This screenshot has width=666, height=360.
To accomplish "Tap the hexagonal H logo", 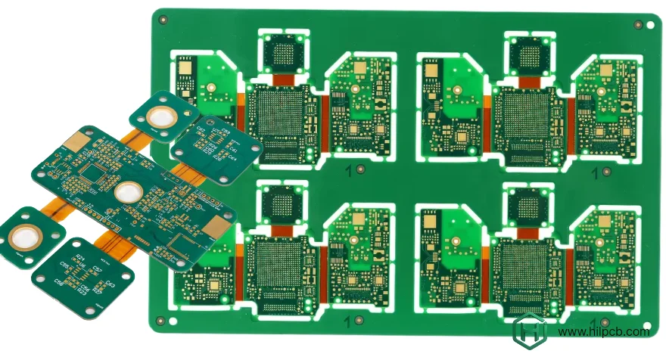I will (530, 332).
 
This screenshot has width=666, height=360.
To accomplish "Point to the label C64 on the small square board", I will (232, 159).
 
